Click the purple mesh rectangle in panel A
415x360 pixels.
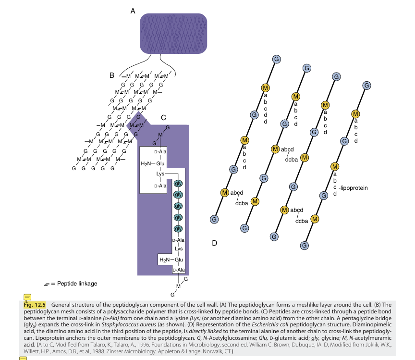coord(173,34)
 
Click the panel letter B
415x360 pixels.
coord(111,75)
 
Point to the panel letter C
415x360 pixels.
coord(163,117)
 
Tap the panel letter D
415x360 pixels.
coord(215,243)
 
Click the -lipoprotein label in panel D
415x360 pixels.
coord(353,187)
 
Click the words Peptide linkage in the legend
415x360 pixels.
coord(77,284)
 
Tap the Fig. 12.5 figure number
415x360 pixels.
coord(34,305)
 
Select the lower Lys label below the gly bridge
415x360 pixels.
coord(178,248)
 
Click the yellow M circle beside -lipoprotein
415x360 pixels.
coord(335,166)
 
